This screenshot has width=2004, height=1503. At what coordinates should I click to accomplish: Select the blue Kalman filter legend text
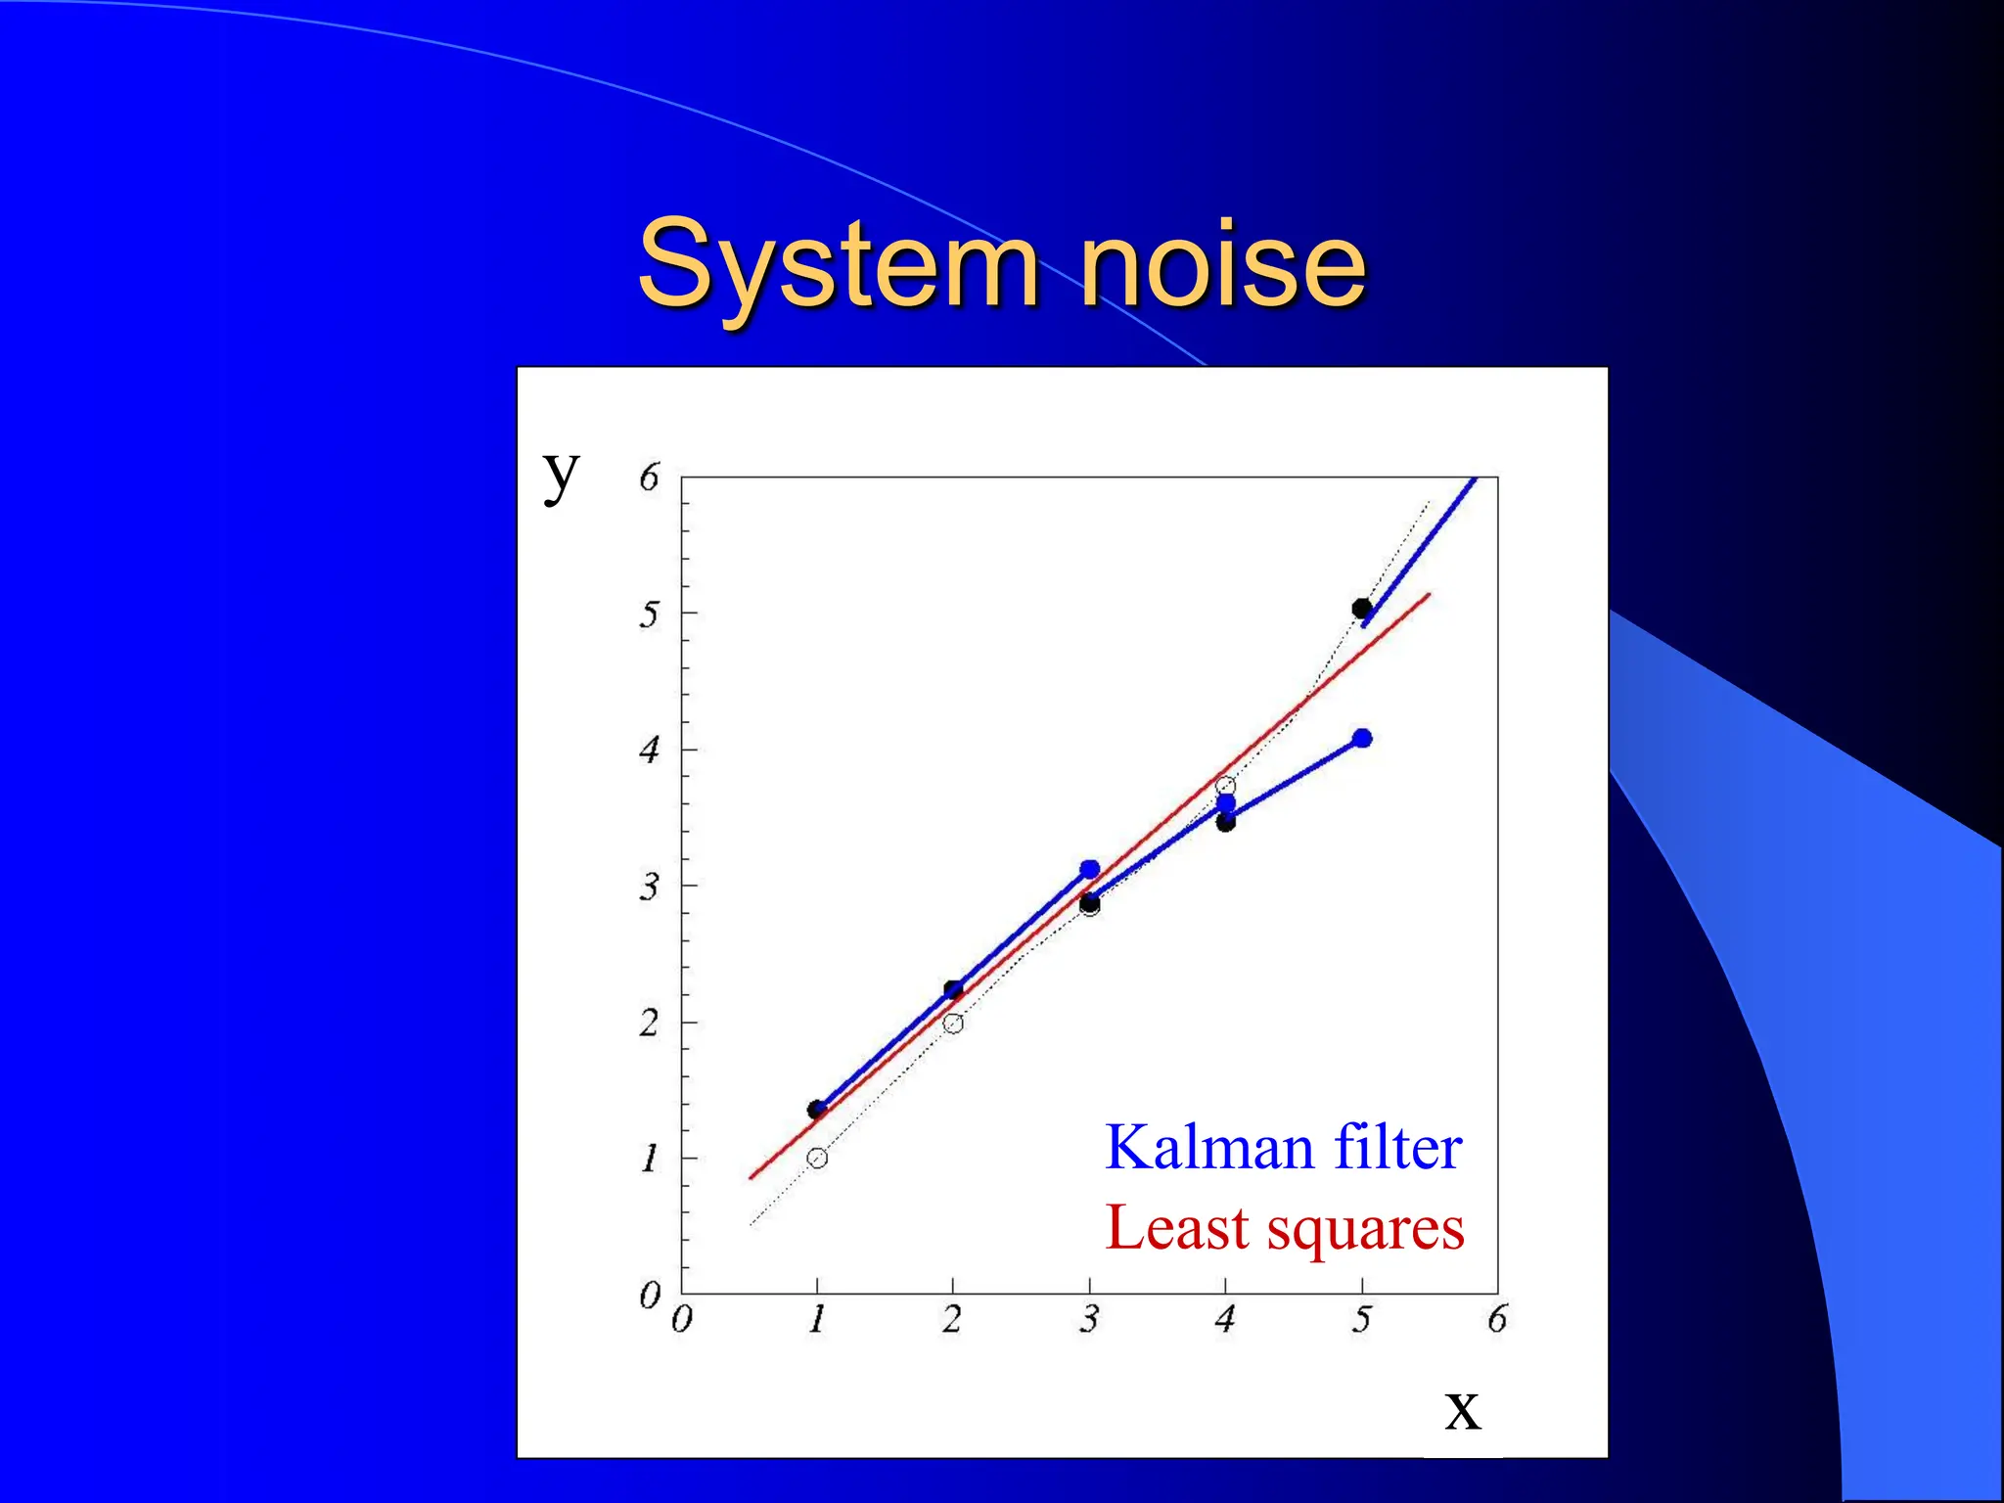click(x=1283, y=1147)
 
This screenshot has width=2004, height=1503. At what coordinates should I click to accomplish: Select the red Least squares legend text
click(x=1284, y=1228)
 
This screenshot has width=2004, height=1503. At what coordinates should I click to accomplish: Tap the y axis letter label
click(x=562, y=476)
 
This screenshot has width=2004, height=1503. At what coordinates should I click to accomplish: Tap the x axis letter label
click(x=1462, y=1409)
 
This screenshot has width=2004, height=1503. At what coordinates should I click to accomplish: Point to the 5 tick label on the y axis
click(x=649, y=615)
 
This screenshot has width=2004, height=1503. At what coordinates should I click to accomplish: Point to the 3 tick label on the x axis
click(x=1089, y=1320)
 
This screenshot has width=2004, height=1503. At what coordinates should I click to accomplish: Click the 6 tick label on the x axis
click(x=1497, y=1320)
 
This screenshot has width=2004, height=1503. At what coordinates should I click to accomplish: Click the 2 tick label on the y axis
click(x=649, y=1024)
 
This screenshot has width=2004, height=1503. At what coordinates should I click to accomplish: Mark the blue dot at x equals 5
click(x=1362, y=738)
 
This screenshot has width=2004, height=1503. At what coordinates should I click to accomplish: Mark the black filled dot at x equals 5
click(x=1361, y=609)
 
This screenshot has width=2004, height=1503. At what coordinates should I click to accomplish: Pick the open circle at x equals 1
click(x=818, y=1159)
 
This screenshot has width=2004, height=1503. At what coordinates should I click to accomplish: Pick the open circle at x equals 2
click(x=953, y=1024)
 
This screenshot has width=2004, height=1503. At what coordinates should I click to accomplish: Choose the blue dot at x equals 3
click(x=1090, y=869)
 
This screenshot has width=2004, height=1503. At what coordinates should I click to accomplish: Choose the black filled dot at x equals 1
click(x=816, y=1110)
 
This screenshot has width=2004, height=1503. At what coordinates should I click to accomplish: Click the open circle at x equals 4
click(x=1225, y=786)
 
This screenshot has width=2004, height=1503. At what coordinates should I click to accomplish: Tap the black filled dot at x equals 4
click(x=1226, y=823)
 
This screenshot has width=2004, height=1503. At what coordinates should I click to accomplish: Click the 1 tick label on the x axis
click(x=817, y=1320)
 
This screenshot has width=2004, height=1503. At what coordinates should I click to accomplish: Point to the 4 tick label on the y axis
click(x=649, y=751)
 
